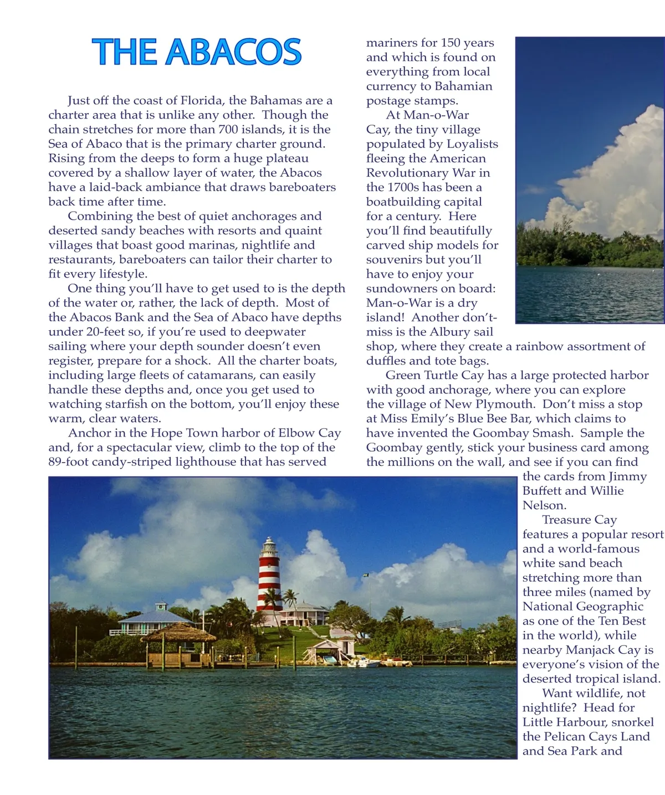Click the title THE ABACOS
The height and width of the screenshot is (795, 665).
(197, 52)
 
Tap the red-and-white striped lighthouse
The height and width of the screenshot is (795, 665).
(269, 579)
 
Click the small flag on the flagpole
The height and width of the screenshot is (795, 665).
(366, 577)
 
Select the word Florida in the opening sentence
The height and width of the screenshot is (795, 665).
(201, 100)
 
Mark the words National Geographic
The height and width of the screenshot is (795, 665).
(583, 606)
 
